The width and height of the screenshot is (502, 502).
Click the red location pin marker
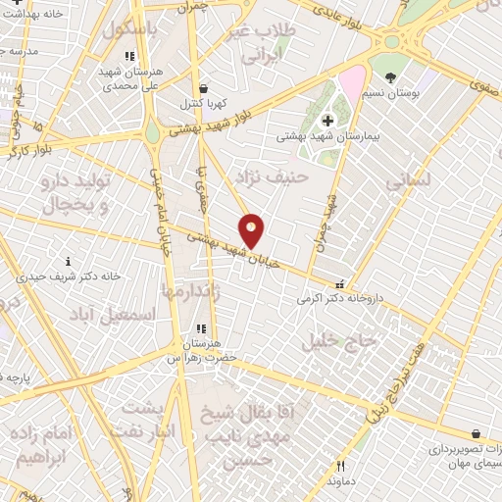pos(252,230)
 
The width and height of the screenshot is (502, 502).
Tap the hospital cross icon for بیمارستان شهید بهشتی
pos(327,120)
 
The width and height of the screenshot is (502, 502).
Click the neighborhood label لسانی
pos(408,181)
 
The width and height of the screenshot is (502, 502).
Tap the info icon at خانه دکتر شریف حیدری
pos(68,261)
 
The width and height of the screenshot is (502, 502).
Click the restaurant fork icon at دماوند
pos(340,467)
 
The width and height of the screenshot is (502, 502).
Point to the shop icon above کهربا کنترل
pos(201,87)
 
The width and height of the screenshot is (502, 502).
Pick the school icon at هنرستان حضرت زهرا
pos(201,329)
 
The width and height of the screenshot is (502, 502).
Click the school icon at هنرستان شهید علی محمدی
pos(128,56)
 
